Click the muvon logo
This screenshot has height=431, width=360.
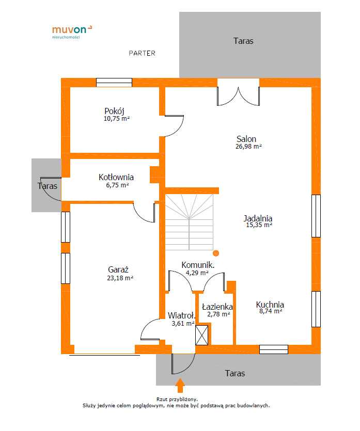pyautogui.click(x=72, y=32)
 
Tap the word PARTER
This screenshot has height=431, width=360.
pyautogui.click(x=142, y=53)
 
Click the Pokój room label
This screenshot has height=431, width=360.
pyautogui.click(x=115, y=111)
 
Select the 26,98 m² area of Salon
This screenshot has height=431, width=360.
pyautogui.click(x=248, y=147)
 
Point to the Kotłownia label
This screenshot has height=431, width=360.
pyautogui.click(x=116, y=177)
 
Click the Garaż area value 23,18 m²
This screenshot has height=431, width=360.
pyautogui.click(x=120, y=278)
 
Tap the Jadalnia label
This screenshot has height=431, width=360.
pyautogui.click(x=258, y=218)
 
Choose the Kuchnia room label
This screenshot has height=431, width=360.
pyautogui.click(x=270, y=305)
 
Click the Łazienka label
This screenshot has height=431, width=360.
pyautogui.click(x=217, y=307)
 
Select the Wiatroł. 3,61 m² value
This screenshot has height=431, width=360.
pyautogui.click(x=183, y=324)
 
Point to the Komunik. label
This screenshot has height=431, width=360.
pyautogui.click(x=198, y=265)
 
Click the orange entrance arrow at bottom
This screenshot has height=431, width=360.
pyautogui.click(x=180, y=386)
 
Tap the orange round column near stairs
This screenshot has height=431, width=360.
pyautogui.click(x=216, y=253)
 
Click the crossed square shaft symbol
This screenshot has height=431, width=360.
pyautogui.click(x=201, y=335)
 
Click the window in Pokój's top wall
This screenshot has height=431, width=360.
pyautogui.click(x=114, y=83)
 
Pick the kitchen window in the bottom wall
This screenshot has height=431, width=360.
pyautogui.click(x=274, y=349)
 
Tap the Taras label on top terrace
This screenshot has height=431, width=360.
pyautogui.click(x=243, y=41)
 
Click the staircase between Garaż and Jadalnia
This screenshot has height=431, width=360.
pyautogui.click(x=189, y=222)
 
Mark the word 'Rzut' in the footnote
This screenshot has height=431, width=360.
pyautogui.click(x=162, y=399)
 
